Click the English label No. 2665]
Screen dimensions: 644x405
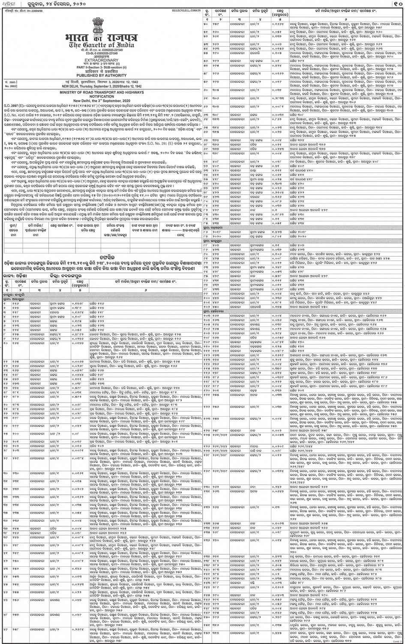(10, 86)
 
